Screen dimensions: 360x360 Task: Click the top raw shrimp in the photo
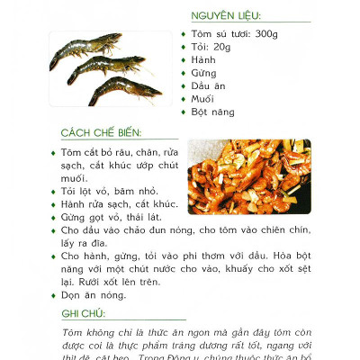click(x=85, y=44)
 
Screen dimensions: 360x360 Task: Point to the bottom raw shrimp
click(x=126, y=90)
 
